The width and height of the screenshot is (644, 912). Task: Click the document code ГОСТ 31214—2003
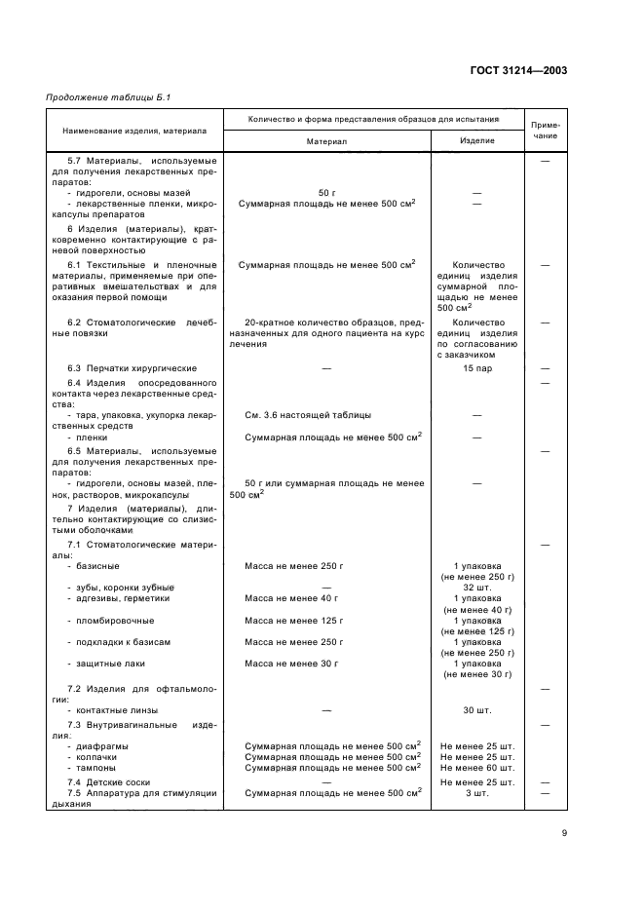(519, 70)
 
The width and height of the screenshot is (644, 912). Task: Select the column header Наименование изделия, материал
(134, 130)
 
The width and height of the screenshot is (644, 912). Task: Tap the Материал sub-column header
(326, 140)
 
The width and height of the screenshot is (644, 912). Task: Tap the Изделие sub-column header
(476, 140)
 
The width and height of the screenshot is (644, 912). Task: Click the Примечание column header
(545, 130)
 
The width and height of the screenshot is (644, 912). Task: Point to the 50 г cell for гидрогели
(326, 193)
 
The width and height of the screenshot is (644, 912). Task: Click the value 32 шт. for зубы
(476, 587)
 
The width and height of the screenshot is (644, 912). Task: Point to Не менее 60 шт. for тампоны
(476, 767)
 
